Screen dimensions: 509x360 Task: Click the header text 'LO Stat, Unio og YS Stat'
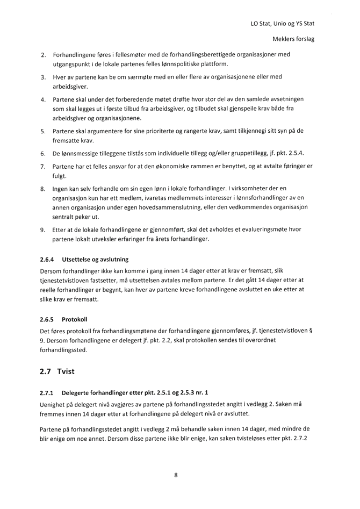pos(282,24)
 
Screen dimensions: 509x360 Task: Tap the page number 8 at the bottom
pos(176,475)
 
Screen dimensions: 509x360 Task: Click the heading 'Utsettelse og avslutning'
pos(95,259)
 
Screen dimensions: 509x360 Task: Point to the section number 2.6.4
pos(47,259)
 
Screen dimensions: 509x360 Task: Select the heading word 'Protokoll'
pos(75,319)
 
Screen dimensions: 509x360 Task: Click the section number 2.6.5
pos(47,319)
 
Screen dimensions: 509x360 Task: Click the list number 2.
pos(43,55)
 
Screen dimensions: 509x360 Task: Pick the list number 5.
pos(43,131)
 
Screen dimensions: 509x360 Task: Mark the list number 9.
pos(43,230)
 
